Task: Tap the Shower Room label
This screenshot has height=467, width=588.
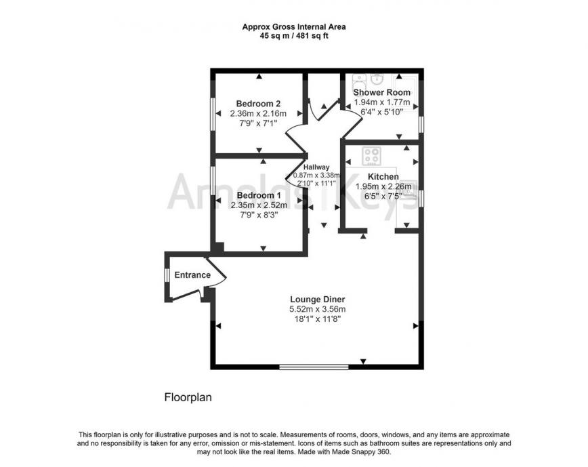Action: tap(381, 92)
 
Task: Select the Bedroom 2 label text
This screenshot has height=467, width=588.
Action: tap(258, 103)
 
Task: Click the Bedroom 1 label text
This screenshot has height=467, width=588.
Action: tap(258, 195)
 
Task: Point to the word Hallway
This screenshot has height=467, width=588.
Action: tap(316, 167)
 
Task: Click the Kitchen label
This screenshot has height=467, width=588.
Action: tap(383, 176)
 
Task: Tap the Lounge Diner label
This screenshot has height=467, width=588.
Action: tap(318, 299)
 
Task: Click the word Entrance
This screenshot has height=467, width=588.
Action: tap(192, 275)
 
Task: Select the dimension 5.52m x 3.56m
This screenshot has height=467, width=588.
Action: tap(317, 309)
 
